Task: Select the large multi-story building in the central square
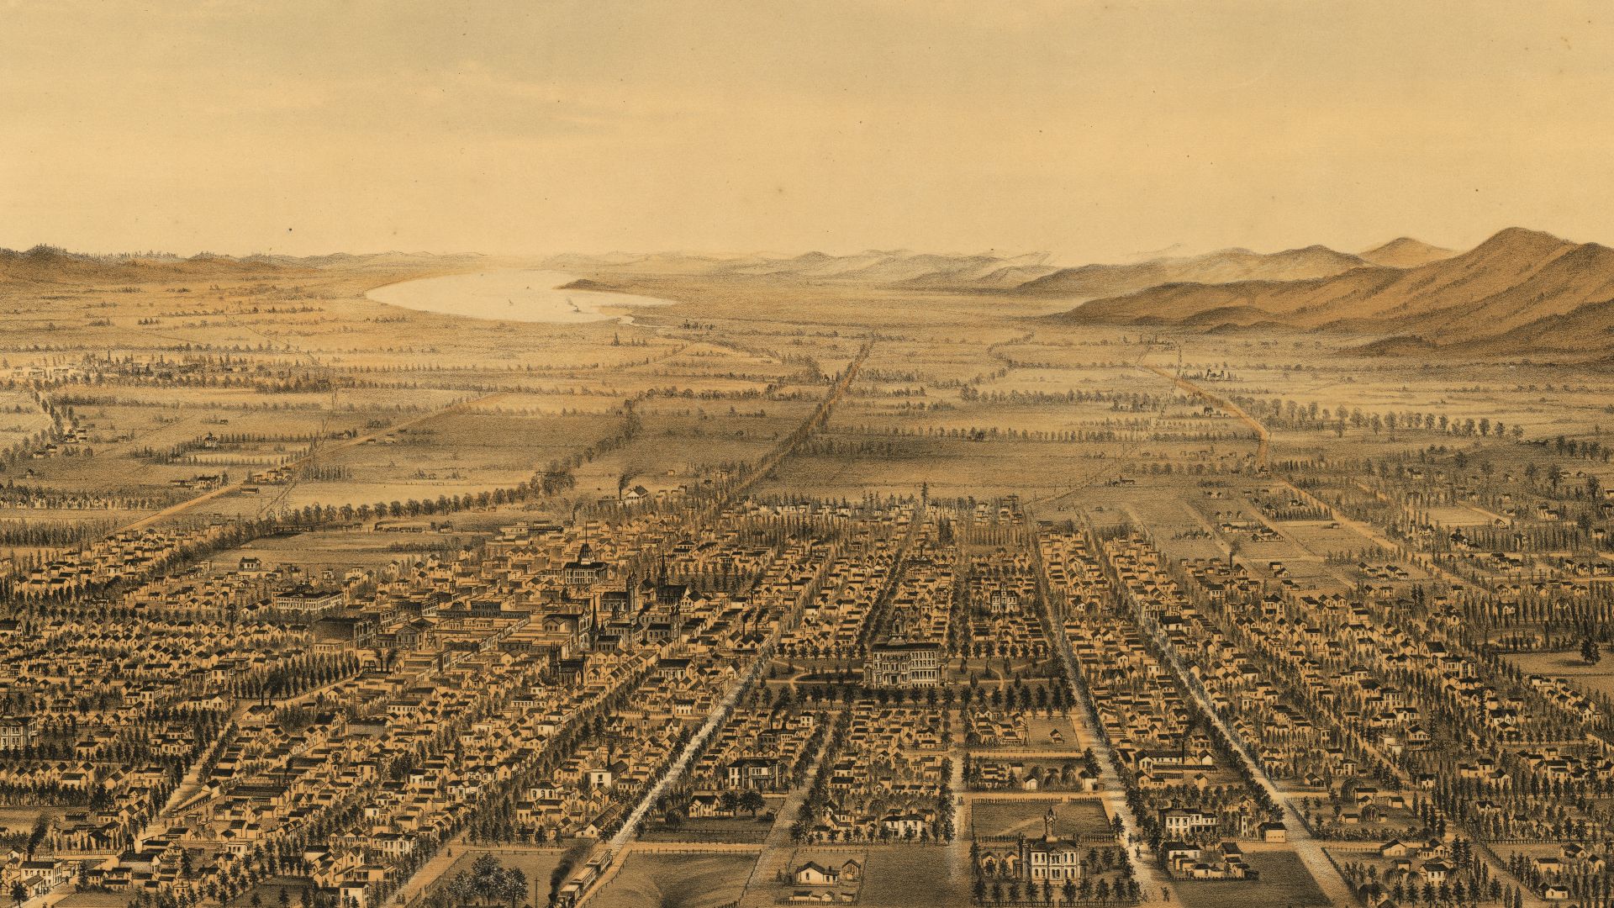tap(906, 662)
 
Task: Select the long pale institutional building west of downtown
tap(309, 598)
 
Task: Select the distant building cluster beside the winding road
tap(1215, 374)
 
